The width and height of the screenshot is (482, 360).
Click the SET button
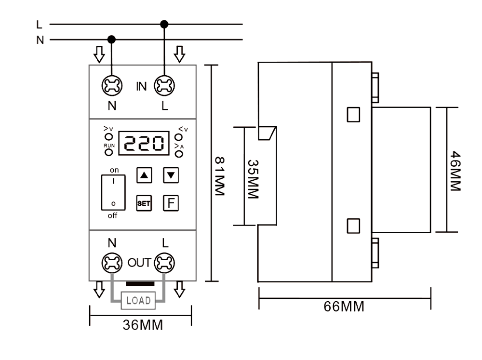(144, 203)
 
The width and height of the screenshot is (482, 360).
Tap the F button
(171, 203)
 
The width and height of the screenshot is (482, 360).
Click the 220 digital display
(144, 143)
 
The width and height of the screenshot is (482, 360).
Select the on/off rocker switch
(113, 192)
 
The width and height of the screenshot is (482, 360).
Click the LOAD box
(138, 300)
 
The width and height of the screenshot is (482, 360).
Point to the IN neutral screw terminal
(112, 86)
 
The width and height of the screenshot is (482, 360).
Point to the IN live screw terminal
(164, 86)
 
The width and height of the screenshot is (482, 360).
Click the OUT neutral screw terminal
(112, 263)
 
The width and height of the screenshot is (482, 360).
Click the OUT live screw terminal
(164, 263)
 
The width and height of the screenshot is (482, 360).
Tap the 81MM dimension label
(219, 176)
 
